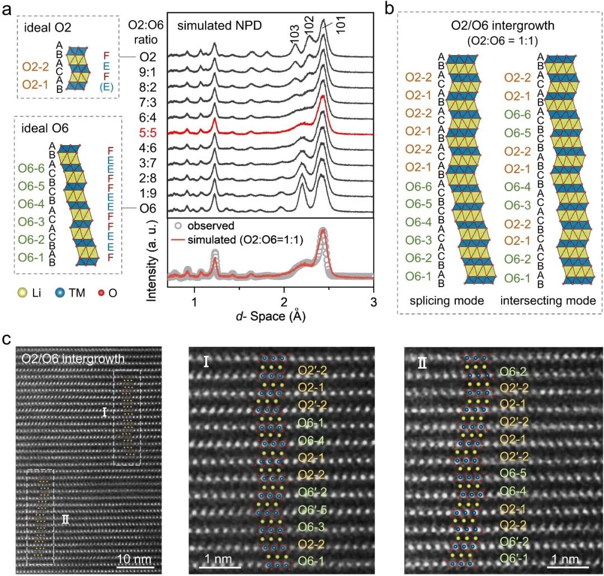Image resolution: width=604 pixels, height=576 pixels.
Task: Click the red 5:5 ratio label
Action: tap(148, 133)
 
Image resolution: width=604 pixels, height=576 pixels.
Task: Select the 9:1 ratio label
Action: tap(148, 72)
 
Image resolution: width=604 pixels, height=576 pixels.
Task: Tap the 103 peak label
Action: tap(294, 34)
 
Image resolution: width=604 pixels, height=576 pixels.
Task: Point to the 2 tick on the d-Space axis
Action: tap(284, 302)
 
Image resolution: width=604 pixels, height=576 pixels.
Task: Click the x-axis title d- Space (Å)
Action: tap(271, 316)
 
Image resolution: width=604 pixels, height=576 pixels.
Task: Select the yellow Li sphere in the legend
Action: tap(23, 293)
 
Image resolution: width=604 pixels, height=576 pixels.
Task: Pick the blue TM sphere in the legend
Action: tap(60, 293)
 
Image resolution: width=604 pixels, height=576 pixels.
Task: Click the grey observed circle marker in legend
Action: tap(178, 226)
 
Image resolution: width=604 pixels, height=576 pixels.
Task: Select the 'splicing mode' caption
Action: tap(447, 301)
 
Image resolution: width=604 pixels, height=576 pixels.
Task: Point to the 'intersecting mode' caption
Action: tap(548, 301)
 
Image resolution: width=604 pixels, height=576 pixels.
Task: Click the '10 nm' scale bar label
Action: tap(134, 559)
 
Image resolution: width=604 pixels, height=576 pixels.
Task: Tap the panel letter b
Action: tap(390, 8)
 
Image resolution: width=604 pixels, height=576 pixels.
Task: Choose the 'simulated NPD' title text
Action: tap(220, 26)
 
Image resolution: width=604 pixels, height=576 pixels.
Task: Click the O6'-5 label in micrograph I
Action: tap(313, 510)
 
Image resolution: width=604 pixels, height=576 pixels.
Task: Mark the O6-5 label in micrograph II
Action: tap(513, 473)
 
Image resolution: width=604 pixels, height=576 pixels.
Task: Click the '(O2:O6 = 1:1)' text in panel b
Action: tap(502, 41)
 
